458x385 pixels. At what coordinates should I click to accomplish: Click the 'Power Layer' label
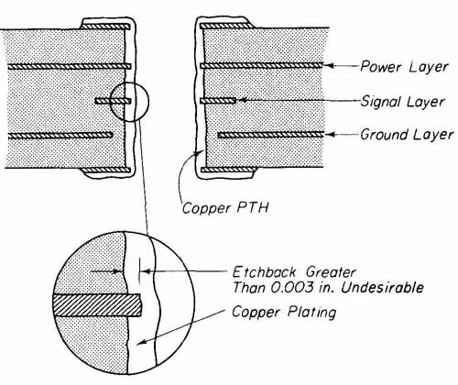pos(404,67)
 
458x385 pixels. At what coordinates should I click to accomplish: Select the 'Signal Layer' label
pos(402,102)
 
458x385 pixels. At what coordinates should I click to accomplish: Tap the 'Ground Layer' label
pos(407,135)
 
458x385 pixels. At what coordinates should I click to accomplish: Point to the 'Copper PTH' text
pos(225,208)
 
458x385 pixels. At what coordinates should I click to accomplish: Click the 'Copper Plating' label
pos(284,312)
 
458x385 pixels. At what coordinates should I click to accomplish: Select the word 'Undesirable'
pos(382,288)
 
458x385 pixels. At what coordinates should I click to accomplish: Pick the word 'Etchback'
pos(265,271)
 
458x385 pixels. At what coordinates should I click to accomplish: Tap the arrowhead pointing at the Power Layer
pos(328,65)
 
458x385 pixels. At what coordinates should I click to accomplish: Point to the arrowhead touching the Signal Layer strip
pos(241,100)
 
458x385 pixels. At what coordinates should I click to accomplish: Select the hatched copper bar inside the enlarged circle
pos(97,304)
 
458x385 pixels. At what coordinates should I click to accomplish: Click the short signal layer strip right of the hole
pos(218,100)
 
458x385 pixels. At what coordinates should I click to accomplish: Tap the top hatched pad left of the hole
pos(105,27)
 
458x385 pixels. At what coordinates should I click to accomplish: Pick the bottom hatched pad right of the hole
pos(227,170)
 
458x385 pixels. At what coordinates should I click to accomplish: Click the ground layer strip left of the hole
pos(60,135)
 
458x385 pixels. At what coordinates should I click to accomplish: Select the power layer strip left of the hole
pos(70,66)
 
